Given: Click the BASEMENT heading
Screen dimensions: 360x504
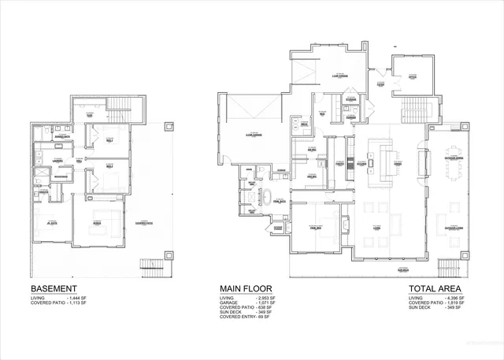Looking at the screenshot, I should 54,289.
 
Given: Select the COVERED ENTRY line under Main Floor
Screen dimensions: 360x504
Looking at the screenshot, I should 246,318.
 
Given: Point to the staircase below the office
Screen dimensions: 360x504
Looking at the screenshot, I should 412,109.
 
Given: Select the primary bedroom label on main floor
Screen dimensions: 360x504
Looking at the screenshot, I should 313,225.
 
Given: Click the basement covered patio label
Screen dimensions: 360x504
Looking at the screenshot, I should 143,225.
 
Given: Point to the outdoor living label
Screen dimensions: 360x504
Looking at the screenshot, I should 454,228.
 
